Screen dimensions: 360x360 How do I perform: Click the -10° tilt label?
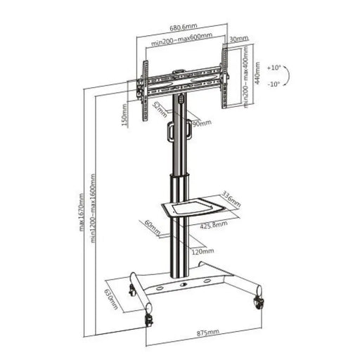click(273, 84)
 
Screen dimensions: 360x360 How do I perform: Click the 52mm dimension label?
click(156, 109)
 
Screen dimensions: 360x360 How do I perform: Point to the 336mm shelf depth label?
click(231, 195)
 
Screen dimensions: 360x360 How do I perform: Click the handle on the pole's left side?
click(169, 130)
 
